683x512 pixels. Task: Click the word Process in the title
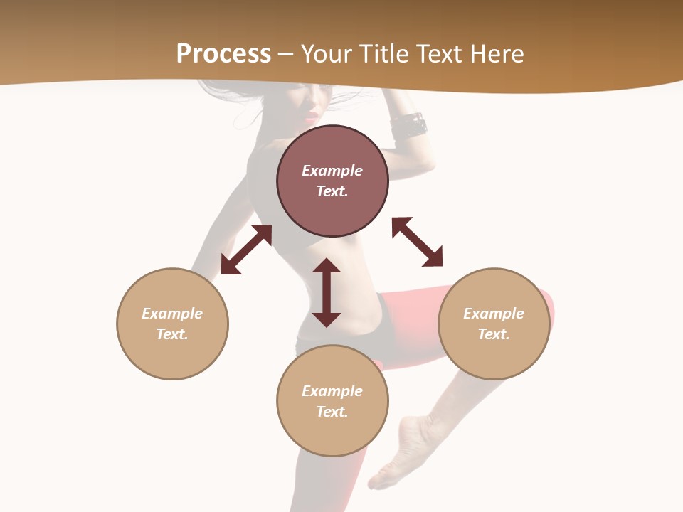[223, 54]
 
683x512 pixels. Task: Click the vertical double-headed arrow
[327, 292]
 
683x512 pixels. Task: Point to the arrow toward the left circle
[246, 250]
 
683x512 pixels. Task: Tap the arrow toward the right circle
[417, 242]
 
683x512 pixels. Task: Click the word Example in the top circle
[332, 171]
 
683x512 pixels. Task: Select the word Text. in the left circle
[172, 334]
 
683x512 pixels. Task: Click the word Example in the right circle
[494, 314]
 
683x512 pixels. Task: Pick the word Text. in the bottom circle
[332, 412]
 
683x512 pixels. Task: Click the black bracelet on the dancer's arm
[408, 126]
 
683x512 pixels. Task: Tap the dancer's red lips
[312, 115]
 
